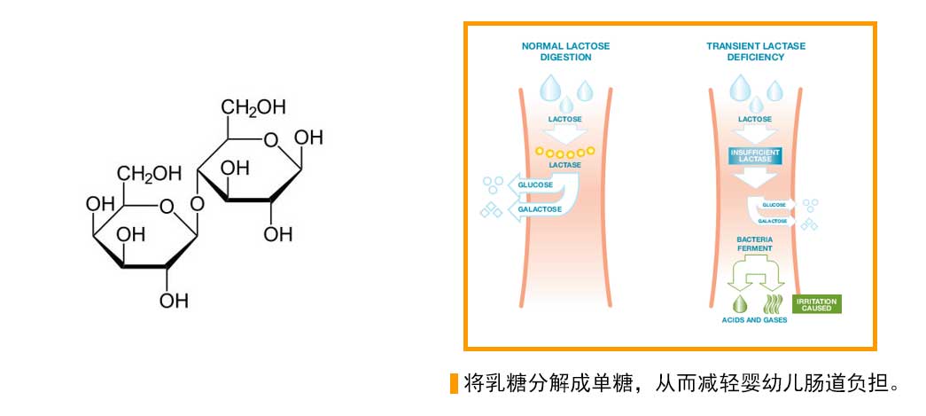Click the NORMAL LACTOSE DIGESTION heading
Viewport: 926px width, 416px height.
(x=565, y=51)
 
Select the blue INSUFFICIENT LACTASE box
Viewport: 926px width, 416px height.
(x=755, y=155)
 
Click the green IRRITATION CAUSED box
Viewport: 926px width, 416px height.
(x=816, y=304)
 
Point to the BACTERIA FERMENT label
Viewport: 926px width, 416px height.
(x=755, y=244)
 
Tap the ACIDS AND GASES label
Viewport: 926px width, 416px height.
(x=754, y=319)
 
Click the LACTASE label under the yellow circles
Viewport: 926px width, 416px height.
(x=564, y=165)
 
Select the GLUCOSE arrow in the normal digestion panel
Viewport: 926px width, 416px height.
(x=538, y=184)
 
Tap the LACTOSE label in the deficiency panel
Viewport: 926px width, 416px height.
(x=755, y=118)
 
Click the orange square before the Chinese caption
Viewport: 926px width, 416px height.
(x=454, y=383)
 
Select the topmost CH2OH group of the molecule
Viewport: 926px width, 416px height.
(x=253, y=108)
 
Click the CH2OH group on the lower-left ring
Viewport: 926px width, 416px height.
(x=149, y=173)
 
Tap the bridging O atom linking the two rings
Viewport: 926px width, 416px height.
(x=197, y=204)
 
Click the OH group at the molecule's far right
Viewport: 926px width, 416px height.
(x=307, y=138)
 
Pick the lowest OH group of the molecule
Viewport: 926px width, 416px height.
(x=175, y=300)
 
